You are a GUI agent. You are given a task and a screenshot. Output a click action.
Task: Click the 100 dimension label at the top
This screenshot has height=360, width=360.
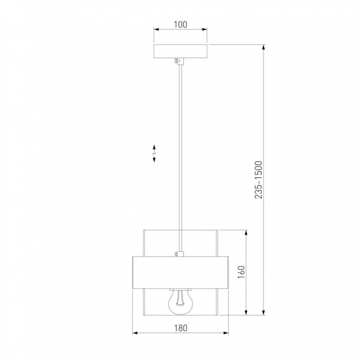180,24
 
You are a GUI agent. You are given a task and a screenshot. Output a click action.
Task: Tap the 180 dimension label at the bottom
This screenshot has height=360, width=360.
180,328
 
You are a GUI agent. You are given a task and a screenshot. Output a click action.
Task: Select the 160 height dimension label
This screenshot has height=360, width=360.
241,273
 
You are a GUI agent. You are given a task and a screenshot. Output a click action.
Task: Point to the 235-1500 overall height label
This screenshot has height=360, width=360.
259,180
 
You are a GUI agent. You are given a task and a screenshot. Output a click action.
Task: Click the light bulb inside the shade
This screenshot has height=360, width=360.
180,302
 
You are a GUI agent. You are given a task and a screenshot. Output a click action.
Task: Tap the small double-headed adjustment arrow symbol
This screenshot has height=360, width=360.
154,153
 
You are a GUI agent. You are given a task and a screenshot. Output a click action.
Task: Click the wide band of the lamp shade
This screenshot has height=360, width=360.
180,273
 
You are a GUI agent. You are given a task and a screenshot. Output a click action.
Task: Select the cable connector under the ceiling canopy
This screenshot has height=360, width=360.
179,61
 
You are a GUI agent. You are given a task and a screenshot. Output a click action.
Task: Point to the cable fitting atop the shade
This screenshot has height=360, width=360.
179,254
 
